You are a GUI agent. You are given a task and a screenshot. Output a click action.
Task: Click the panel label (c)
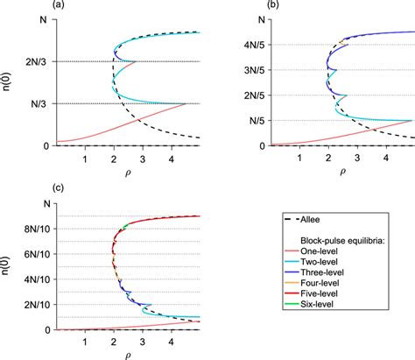[x=8, y=187]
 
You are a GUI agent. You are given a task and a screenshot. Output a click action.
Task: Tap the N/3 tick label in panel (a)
[x=39, y=103]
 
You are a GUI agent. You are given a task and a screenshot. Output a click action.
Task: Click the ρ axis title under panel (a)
[x=127, y=173]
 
